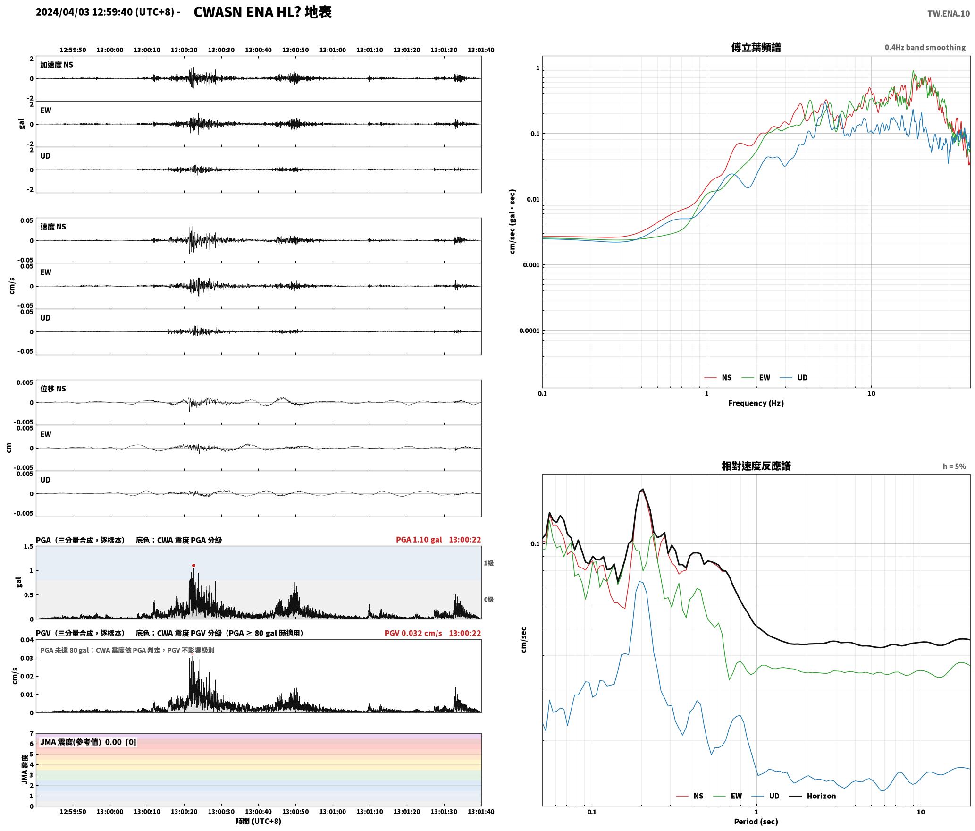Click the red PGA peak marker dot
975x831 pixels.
tap(193, 565)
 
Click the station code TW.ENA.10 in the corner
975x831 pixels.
tap(949, 14)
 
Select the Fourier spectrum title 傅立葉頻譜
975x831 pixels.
tap(756, 47)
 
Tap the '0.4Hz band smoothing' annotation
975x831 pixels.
tap(925, 47)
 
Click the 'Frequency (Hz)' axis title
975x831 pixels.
tap(756, 403)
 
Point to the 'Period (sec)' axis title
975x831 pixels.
tap(756, 821)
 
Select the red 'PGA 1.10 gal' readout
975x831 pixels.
tap(419, 539)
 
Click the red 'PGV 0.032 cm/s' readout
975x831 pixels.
tap(413, 633)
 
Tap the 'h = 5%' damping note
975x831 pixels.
tap(954, 466)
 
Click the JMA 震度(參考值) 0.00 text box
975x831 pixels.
tap(88, 742)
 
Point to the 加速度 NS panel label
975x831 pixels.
tap(57, 65)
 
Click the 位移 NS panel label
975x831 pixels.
tap(53, 389)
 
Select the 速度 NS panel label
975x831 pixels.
tap(53, 227)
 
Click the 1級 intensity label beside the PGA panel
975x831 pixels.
tap(488, 563)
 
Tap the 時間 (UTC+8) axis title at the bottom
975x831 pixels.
tap(259, 821)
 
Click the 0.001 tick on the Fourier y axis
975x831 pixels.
tap(531, 265)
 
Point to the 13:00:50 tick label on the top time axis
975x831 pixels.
tap(295, 50)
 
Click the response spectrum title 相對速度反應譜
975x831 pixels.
tap(756, 466)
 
